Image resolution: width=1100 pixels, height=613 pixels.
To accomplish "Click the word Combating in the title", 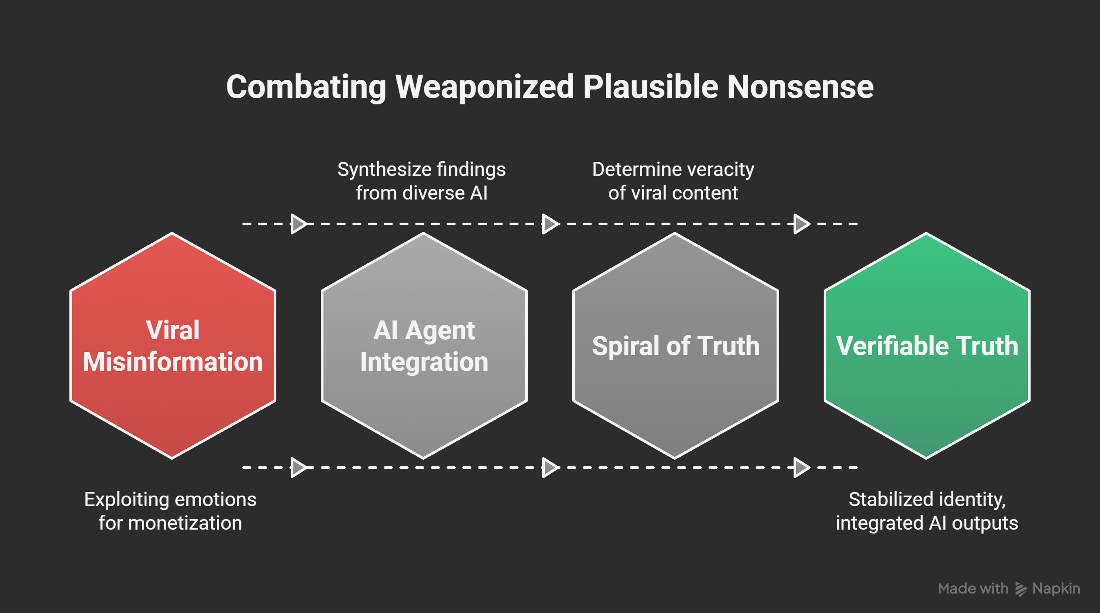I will pyautogui.click(x=306, y=87).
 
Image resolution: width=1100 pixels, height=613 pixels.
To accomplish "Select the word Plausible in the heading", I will pyautogui.click(x=650, y=87).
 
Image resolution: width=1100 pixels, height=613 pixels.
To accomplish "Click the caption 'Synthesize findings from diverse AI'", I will pyautogui.click(x=421, y=181).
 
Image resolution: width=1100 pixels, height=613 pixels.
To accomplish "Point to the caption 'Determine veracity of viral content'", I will pyautogui.click(x=673, y=181).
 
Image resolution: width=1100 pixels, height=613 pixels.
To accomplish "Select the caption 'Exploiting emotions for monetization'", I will pyautogui.click(x=170, y=511).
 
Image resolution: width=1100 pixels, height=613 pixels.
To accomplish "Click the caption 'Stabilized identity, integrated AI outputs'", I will pyautogui.click(x=927, y=511).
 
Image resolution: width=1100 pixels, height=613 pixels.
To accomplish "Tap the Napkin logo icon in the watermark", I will pyautogui.click(x=1021, y=589).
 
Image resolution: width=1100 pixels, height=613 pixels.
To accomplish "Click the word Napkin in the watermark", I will pyautogui.click(x=1056, y=589).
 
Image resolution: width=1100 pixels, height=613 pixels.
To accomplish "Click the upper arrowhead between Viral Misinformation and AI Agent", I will pyautogui.click(x=298, y=224).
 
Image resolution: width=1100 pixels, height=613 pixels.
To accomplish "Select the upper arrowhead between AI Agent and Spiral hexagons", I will pyautogui.click(x=550, y=224).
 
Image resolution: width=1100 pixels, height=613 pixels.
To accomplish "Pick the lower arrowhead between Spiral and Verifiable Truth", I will pyautogui.click(x=801, y=468).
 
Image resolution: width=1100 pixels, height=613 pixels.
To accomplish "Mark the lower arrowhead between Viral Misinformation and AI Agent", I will pyautogui.click(x=298, y=468).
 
